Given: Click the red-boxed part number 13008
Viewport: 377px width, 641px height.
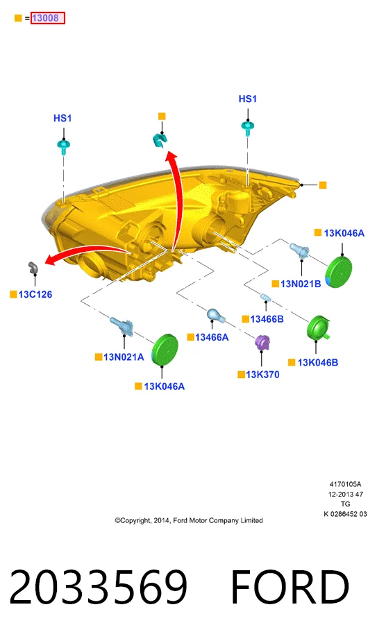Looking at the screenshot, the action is pyautogui.click(x=48, y=18).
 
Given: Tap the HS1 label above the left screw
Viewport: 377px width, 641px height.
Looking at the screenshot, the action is pyautogui.click(x=62, y=118).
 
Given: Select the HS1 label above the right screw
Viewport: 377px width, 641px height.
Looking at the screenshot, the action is pyautogui.click(x=248, y=99).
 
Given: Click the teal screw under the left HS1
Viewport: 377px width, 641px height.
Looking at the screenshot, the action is pyautogui.click(x=63, y=146).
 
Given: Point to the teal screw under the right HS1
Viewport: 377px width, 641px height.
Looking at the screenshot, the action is pyautogui.click(x=247, y=128).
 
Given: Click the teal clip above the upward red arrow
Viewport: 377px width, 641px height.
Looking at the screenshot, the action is pyautogui.click(x=159, y=140).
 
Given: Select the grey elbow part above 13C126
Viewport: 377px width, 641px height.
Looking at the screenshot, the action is pyautogui.click(x=33, y=267).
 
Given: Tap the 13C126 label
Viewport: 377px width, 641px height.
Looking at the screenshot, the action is pyautogui.click(x=35, y=294).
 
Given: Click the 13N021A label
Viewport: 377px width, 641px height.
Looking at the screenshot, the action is pyautogui.click(x=124, y=357).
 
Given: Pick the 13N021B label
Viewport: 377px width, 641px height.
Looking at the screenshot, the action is pyautogui.click(x=301, y=284).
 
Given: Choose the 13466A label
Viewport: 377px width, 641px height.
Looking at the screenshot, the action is pyautogui.click(x=212, y=337).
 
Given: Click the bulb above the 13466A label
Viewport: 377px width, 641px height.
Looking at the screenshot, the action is pyautogui.click(x=214, y=315).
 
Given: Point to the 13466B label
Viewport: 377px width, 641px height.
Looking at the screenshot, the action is pyautogui.click(x=267, y=319).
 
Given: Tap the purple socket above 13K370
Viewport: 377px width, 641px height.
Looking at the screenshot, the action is pyautogui.click(x=262, y=342).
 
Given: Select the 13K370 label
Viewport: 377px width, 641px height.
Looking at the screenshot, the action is pyautogui.click(x=263, y=375).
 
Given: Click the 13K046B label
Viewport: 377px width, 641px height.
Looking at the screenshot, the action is pyautogui.click(x=318, y=363).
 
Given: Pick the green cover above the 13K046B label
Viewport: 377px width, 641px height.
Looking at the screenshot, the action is pyautogui.click(x=319, y=328).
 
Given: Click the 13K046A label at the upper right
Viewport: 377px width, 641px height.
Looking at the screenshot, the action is pyautogui.click(x=344, y=233).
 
